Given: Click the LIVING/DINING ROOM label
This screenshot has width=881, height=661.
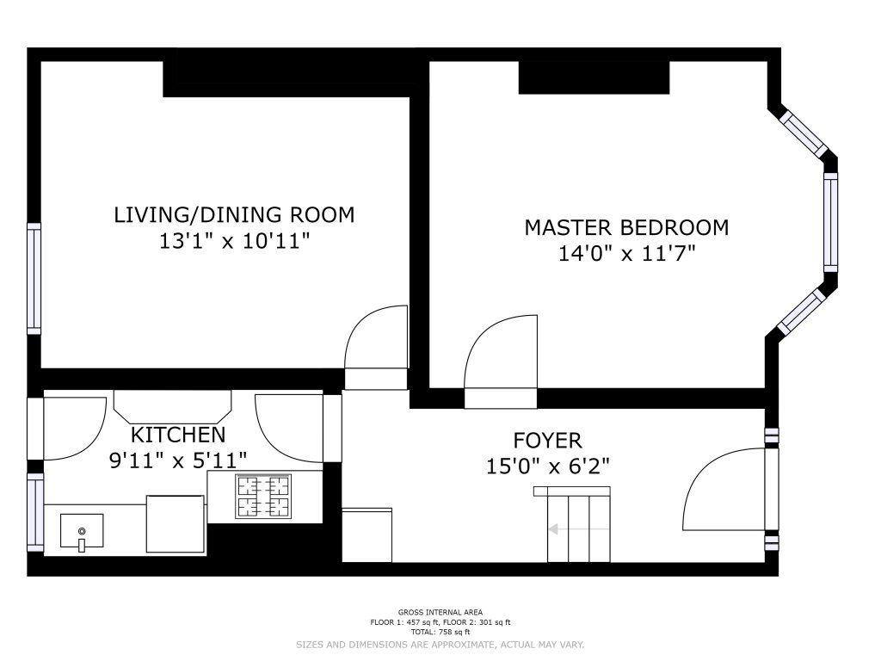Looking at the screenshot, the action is pos(234,214).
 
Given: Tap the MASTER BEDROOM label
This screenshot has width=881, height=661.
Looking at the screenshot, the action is pos(626,227).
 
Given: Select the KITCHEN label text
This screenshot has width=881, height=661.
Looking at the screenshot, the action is pos(178,435).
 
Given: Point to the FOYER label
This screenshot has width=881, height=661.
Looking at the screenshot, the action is pos(548,440).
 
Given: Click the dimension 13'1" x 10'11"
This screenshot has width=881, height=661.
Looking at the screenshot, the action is pos(235,242).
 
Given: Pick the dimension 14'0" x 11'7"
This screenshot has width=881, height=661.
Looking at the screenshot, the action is pos(626,254).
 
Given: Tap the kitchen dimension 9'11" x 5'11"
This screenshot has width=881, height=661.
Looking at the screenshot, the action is pos(178,461).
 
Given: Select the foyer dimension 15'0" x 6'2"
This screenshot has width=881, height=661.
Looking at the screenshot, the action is pos(548,466).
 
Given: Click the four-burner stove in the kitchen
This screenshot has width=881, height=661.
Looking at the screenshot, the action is pos(263,497).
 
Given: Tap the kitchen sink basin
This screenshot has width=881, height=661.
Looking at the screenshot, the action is pos(82,530).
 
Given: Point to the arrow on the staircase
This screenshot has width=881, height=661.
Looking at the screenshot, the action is pos(579,529).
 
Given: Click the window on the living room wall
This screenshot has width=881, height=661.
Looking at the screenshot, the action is pos(34,279).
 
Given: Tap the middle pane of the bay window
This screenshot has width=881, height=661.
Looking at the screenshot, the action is pos(830,222).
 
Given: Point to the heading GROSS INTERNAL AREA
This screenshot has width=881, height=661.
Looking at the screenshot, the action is pos(440,613).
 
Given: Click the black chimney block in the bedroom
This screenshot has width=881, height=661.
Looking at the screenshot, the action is pos(594,77).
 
